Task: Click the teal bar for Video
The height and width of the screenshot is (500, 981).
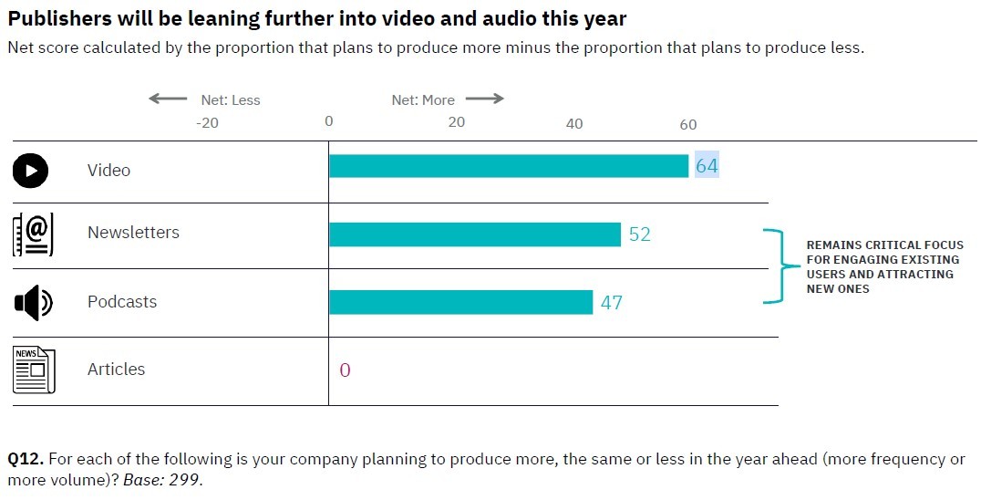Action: click(508, 166)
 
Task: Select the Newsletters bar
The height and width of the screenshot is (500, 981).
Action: click(474, 234)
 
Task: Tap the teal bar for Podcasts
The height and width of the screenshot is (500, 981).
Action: click(460, 302)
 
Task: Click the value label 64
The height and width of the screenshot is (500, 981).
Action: click(707, 166)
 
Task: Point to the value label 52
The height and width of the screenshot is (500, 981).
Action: click(640, 234)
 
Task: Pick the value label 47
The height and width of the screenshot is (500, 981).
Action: click(612, 302)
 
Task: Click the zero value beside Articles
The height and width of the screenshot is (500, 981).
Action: click(345, 370)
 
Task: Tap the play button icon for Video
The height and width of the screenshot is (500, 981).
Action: click(31, 170)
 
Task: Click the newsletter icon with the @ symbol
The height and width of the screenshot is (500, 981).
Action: click(33, 234)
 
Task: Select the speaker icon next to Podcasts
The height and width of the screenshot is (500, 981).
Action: click(33, 302)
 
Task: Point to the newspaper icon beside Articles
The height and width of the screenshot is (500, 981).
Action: click(34, 370)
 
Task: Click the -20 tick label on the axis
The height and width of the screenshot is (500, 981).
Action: click(208, 124)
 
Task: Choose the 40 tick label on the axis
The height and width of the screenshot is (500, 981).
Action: click(574, 124)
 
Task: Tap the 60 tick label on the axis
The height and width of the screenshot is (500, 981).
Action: click(687, 124)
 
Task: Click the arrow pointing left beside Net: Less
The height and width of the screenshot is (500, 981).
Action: click(168, 99)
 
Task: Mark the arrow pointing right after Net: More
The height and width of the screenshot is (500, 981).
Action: click(484, 99)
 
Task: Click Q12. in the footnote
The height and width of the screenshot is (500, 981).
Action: click(26, 460)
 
